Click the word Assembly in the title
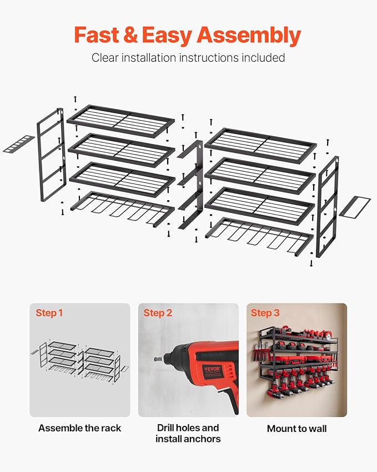point(249,36)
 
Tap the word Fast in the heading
point(97,34)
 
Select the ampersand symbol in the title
point(130,34)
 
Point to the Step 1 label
point(49,313)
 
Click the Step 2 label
point(158,313)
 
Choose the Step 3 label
point(265,313)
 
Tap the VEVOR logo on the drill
point(212,369)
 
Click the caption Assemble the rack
point(79,428)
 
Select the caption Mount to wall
point(296,428)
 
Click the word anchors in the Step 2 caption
point(203,439)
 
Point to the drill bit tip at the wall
point(155,359)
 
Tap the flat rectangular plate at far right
point(355,206)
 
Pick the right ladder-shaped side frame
point(328,206)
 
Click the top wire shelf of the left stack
point(121,121)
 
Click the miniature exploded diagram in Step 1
point(79,362)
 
